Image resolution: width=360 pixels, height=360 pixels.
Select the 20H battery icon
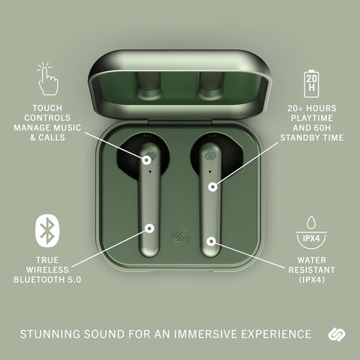310,80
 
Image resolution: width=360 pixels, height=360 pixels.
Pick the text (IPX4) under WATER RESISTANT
310,280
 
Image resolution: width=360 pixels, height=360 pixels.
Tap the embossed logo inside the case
178,233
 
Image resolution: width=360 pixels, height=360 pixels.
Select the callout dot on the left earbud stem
150,227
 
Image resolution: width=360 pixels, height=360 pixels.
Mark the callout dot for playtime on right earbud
213,185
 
